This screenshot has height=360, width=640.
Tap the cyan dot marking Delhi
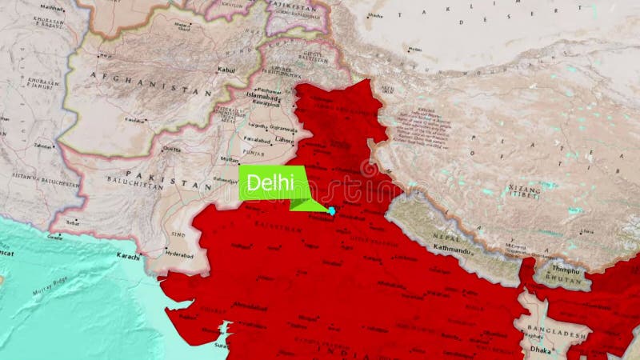point(331,210)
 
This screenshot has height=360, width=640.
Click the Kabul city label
point(227,70)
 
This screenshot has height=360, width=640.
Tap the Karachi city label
point(128,257)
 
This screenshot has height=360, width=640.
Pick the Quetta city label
point(171,149)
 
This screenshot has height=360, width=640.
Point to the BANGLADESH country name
point(557,332)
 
